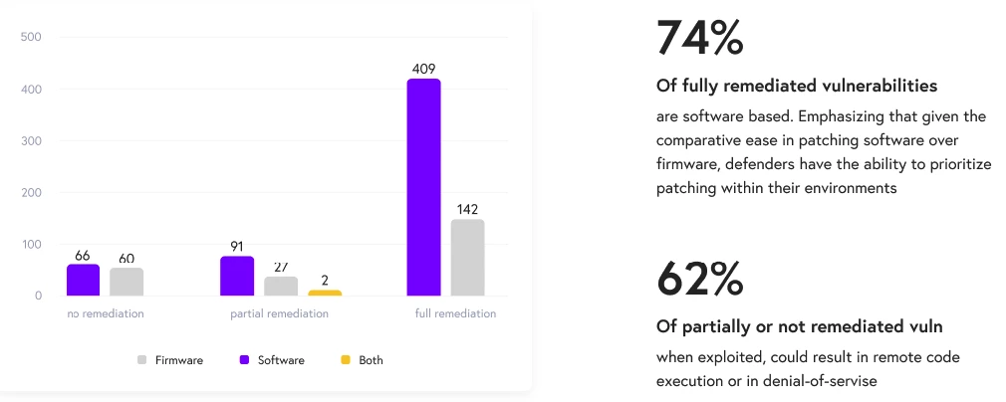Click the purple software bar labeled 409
point(423,187)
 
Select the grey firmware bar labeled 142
point(467,258)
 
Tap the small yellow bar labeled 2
point(324,293)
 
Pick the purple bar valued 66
point(83,280)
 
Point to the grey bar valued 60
point(126,282)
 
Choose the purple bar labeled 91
point(237,276)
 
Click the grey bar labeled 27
point(281,286)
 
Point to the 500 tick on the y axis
point(31,38)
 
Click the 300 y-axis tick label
point(31,141)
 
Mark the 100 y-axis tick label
point(31,245)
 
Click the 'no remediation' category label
point(106,313)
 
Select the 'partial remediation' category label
point(279,313)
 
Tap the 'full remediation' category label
point(455,313)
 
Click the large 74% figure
point(699,38)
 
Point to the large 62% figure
point(699,280)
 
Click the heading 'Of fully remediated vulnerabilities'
point(797,86)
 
